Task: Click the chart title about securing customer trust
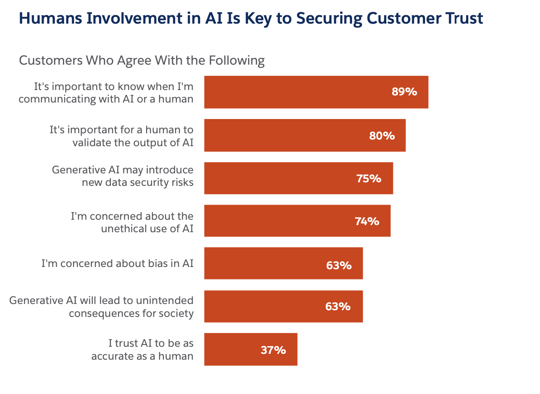(x=251, y=19)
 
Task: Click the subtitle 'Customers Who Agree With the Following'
(x=142, y=60)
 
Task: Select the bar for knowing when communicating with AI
(x=294, y=92)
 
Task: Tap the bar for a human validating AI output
(x=285, y=135)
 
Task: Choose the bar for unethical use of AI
(x=276, y=221)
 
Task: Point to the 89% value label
(x=404, y=92)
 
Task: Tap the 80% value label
(x=382, y=135)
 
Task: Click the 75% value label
(x=368, y=179)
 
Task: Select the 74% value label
(x=367, y=221)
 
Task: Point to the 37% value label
(x=273, y=350)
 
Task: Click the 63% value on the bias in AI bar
(x=339, y=266)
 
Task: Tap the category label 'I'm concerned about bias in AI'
(x=117, y=263)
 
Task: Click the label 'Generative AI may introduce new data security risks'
(x=123, y=176)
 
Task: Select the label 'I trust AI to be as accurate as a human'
(x=143, y=349)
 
